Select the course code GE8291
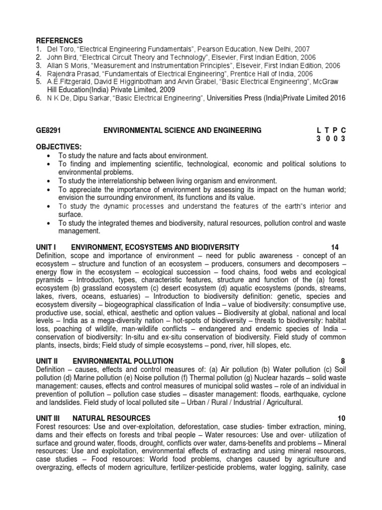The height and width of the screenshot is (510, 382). (48, 130)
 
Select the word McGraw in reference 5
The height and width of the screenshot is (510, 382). (333, 82)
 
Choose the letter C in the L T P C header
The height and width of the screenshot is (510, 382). (343, 130)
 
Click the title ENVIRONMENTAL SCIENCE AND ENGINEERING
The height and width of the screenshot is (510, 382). (182, 130)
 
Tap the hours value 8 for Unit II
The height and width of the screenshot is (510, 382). (342, 361)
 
